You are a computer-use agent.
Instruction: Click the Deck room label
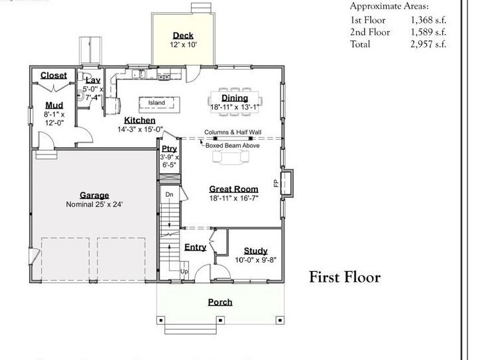(183, 36)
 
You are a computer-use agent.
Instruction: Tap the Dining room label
(235, 98)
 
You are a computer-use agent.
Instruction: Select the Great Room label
(233, 189)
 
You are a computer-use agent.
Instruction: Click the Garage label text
(94, 196)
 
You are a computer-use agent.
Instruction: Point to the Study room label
(255, 251)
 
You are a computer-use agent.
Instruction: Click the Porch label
(220, 302)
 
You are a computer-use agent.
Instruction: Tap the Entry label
(195, 248)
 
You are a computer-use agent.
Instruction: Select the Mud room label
(54, 105)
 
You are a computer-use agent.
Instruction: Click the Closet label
(53, 76)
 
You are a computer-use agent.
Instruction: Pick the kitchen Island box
(156, 103)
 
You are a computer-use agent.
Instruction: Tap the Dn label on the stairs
(169, 194)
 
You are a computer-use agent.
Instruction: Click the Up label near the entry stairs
(184, 272)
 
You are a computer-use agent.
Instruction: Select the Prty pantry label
(169, 149)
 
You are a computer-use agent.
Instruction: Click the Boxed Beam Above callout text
(233, 145)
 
